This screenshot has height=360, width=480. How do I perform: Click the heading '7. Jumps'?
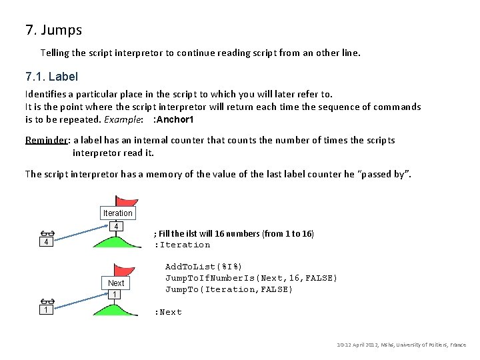[54, 30]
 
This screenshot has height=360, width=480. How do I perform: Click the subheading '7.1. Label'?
[51, 77]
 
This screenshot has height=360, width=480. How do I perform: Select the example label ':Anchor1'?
[173, 119]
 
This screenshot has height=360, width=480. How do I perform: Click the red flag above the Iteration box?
[126, 201]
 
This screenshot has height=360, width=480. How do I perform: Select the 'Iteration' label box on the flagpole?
[117, 213]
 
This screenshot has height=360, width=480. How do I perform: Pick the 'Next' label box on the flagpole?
[116, 283]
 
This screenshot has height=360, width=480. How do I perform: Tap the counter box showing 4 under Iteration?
[116, 227]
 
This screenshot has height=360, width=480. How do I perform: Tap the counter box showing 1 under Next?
[115, 295]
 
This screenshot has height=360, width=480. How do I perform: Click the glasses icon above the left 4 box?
[47, 233]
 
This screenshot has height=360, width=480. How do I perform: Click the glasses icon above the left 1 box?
[46, 301]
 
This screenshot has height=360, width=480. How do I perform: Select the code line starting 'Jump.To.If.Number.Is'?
[251, 278]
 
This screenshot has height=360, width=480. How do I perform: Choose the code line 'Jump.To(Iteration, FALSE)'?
[229, 289]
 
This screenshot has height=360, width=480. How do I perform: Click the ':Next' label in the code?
[168, 312]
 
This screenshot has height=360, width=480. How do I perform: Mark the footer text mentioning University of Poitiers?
[401, 345]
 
